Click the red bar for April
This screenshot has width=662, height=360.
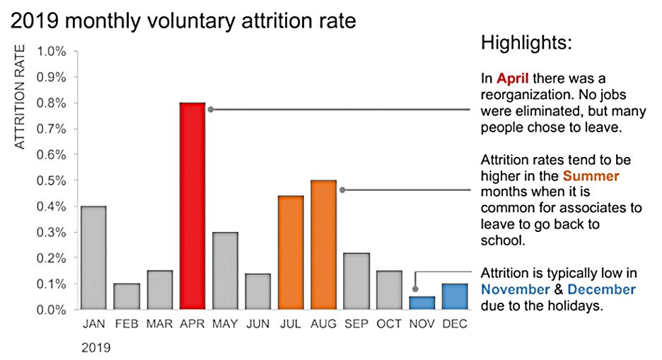(x=192, y=206)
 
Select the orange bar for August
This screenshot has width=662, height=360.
(x=323, y=245)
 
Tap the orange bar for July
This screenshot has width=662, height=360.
(x=291, y=252)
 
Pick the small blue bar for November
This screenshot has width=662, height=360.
(x=422, y=303)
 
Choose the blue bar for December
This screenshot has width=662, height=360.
(x=455, y=296)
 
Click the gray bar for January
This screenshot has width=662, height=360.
(x=93, y=258)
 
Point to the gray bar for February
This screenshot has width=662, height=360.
(x=127, y=296)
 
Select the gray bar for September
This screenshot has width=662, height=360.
(x=356, y=281)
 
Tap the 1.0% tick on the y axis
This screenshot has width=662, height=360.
(x=52, y=52)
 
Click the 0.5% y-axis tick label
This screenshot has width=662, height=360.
(x=52, y=180)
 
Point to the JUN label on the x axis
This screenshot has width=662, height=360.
(x=258, y=325)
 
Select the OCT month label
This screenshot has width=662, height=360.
(x=389, y=325)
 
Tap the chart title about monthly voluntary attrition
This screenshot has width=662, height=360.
(x=183, y=21)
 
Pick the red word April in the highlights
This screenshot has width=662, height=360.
(x=512, y=78)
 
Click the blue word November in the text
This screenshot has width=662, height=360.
(x=515, y=289)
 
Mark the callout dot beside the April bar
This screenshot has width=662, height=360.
(x=210, y=109)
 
